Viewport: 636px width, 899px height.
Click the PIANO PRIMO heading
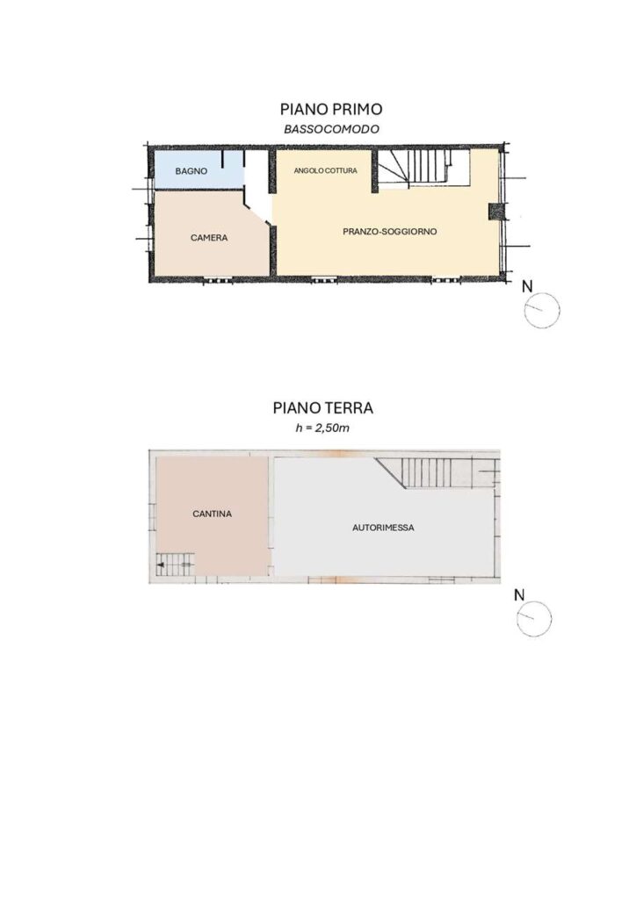click(331, 109)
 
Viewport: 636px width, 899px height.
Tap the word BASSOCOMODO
click(331, 129)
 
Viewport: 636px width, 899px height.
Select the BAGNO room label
click(192, 171)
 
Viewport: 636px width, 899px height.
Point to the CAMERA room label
click(209, 237)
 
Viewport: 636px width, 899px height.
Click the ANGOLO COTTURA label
click(325, 171)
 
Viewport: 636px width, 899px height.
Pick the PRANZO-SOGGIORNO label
click(390, 232)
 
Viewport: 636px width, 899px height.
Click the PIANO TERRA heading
click(323, 407)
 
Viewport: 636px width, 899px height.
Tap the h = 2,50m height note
click(322, 428)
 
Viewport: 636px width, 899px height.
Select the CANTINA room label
click(213, 514)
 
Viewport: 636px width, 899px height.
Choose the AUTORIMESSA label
click(383, 528)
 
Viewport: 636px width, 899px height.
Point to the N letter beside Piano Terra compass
click(519, 595)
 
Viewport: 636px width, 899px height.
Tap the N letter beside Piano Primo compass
click(527, 286)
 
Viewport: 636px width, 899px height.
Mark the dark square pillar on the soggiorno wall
click(495, 212)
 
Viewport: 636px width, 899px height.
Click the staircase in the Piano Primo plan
click(423, 169)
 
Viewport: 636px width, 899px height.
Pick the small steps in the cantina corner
click(176, 565)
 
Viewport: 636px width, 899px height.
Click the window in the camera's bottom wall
click(218, 280)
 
